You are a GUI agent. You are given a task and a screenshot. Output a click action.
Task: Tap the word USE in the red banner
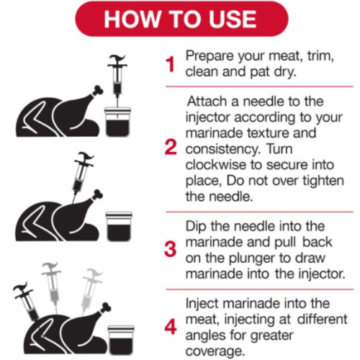[x=232, y=19]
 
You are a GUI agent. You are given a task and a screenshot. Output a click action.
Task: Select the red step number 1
[x=171, y=64]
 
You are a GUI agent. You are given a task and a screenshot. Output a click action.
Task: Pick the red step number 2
[x=171, y=147]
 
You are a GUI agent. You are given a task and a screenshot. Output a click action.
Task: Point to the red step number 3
[x=171, y=249]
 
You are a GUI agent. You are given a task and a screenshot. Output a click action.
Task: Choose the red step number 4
[x=171, y=327]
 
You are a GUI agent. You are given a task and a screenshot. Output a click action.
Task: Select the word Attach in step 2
[x=207, y=101]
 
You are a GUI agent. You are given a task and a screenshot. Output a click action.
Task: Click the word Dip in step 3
[x=196, y=227]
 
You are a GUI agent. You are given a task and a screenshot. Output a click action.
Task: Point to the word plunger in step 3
[x=252, y=258]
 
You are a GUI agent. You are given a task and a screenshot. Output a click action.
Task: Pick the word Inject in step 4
[x=202, y=305]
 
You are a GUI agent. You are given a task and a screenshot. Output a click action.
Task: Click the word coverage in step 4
[x=215, y=352]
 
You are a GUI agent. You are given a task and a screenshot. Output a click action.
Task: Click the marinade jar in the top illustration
[x=117, y=122]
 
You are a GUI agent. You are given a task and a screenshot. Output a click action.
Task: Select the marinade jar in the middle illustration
[x=119, y=227]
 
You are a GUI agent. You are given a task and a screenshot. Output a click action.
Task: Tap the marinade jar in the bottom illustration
[x=121, y=340]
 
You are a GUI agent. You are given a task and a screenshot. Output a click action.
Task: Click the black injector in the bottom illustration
[x=27, y=302]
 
